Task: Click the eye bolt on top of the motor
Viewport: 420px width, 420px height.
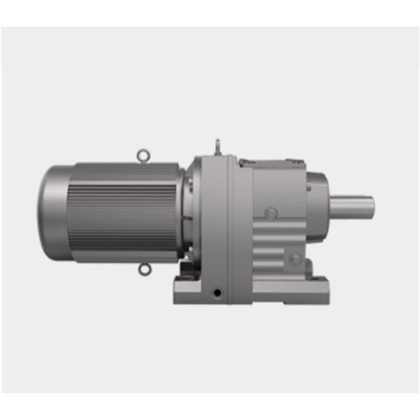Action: pyautogui.click(x=143, y=154)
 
